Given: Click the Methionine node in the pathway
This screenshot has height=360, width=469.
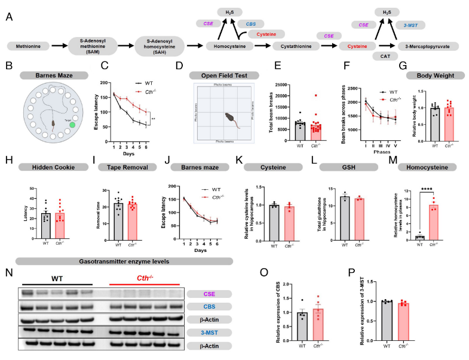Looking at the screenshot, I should [29, 45].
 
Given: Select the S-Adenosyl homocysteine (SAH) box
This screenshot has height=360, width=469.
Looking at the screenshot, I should [160, 45].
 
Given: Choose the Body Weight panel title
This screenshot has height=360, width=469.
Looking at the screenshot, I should [433, 75].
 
